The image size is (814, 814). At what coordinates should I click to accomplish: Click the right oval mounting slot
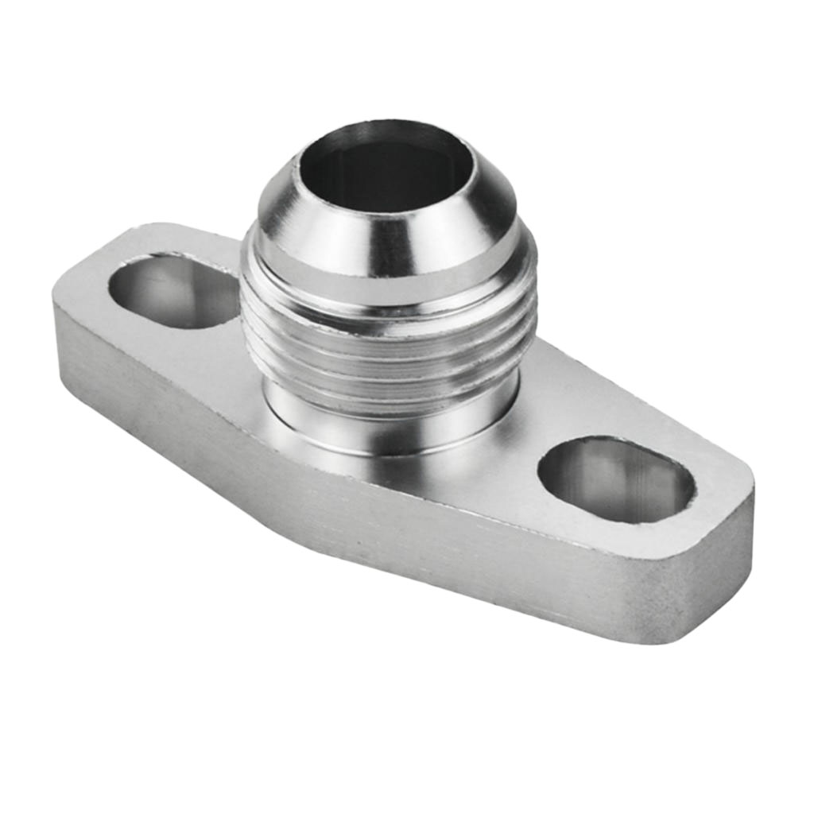(x=616, y=479)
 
